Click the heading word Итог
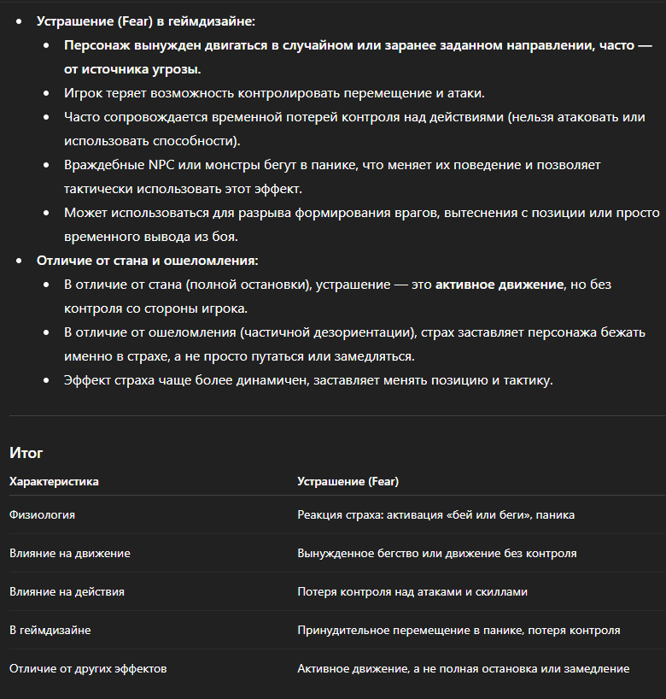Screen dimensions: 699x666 click(26, 453)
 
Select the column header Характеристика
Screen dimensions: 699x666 click(54, 481)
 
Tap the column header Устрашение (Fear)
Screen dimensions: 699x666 click(348, 481)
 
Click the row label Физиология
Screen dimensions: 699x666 click(42, 514)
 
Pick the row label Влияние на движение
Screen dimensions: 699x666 click(70, 553)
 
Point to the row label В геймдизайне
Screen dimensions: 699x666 click(50, 630)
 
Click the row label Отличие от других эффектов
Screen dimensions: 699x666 click(88, 668)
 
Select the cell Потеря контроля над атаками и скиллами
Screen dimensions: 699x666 click(412, 591)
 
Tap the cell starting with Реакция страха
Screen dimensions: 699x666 click(435, 514)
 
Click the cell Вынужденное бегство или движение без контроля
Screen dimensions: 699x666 click(436, 553)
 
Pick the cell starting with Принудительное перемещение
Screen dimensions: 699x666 click(459, 630)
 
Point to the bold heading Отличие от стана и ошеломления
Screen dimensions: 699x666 click(147, 260)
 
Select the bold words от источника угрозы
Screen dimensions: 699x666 click(132, 68)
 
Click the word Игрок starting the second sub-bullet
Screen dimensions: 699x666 click(82, 92)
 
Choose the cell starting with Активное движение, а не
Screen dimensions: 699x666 click(463, 668)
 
